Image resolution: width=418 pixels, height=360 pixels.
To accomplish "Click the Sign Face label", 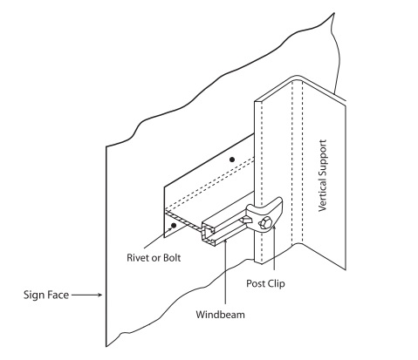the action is pos(46,295).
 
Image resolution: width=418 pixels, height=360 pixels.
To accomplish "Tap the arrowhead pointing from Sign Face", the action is pos(99,295).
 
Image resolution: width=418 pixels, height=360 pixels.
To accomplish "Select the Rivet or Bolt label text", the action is pos(154,258).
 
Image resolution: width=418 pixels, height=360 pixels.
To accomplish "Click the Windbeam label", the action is pos(220,315).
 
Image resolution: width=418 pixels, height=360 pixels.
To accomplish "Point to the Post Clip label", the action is pos(265,283).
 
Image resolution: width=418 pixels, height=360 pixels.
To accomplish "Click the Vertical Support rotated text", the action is pos(323,175).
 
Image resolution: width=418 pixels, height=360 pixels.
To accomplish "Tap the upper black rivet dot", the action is pos(232,160).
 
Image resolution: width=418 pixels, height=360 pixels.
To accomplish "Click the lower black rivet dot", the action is pos(174,225).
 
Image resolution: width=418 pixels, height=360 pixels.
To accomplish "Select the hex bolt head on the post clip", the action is pos(265,224).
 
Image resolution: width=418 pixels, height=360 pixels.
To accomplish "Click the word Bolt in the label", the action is pos(172,258).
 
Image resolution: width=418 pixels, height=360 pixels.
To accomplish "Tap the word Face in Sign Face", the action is pos(58,295).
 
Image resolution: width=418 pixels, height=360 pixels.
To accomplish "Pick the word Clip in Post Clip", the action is pos(276,283).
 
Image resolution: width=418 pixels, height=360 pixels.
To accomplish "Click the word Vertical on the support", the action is pos(323,198).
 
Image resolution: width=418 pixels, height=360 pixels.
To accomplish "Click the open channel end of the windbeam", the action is pos(208,234).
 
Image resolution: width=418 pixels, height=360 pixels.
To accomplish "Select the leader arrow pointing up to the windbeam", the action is pos(225,271).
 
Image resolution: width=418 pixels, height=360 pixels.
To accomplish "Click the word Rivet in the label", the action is pos(136,258).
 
